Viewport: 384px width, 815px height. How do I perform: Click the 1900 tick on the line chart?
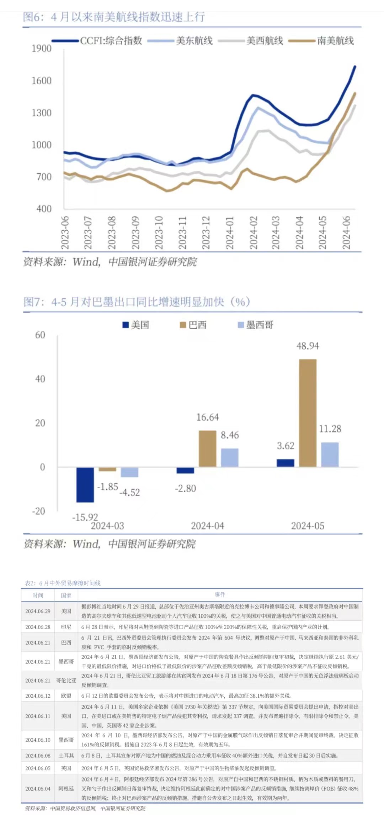point(42,48)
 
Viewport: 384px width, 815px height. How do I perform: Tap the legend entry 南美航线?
point(335,41)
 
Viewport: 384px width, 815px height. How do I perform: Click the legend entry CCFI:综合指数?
point(111,41)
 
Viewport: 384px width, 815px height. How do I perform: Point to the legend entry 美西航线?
point(265,41)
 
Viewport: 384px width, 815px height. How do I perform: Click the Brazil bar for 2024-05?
point(308,413)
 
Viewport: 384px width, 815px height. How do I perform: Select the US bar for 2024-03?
point(85,485)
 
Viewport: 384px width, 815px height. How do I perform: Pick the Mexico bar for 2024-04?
point(230,457)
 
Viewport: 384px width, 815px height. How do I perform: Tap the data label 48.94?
point(308,346)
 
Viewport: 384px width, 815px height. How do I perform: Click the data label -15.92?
point(85,517)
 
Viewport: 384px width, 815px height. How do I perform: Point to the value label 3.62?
point(286,446)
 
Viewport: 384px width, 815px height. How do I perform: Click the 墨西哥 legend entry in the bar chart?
point(260,325)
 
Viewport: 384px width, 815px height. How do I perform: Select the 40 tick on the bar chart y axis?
point(40,379)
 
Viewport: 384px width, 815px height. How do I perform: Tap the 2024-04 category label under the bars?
point(208,526)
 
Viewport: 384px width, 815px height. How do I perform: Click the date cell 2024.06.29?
point(38,611)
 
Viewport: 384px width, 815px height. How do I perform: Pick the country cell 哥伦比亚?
point(66,680)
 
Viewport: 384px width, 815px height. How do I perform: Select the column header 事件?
point(220,594)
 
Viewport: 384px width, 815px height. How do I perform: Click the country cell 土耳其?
point(66,756)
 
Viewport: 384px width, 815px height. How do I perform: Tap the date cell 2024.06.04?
point(38,789)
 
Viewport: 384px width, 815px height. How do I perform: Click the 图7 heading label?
point(34,302)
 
